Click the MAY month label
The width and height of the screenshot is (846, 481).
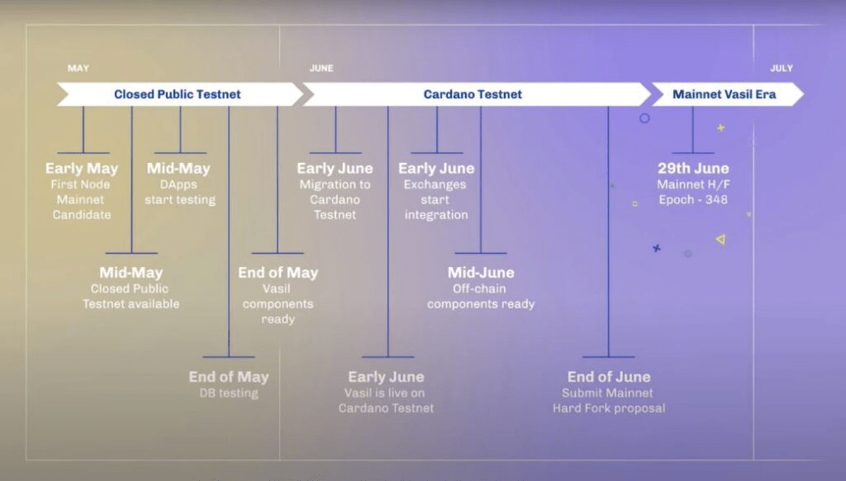78,69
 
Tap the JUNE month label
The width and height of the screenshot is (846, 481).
321,69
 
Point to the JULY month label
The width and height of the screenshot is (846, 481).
782,69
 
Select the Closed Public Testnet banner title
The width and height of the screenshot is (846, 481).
178,94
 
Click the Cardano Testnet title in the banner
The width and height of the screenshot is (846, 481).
473,94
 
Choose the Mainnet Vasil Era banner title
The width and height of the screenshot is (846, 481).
725,94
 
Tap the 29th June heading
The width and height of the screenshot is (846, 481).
693,169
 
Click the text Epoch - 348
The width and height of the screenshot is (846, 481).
693,199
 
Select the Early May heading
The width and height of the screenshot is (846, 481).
82,169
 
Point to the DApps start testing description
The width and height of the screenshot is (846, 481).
179,193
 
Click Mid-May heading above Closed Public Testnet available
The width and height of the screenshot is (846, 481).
131,273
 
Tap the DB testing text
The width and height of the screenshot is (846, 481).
229,393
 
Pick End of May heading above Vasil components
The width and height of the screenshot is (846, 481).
278,273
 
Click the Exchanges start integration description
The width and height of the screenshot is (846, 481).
436,200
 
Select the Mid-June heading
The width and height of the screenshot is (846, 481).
481,273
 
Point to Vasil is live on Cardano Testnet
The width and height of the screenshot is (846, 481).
386,400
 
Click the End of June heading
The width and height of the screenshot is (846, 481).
609,377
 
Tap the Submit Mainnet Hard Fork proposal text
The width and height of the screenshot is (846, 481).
609,401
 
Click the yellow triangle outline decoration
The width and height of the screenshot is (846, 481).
720,240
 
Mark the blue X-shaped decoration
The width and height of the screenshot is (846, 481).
657,248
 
